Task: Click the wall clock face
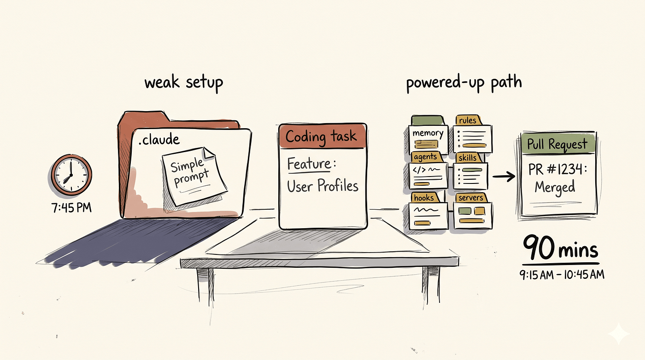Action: [x=71, y=175]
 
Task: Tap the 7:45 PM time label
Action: [x=71, y=207]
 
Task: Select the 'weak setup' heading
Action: [x=184, y=83]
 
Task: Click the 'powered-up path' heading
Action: [x=464, y=83]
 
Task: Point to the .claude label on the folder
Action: [x=159, y=139]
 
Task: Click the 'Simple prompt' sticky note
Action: [x=193, y=176]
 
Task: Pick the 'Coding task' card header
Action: [x=322, y=136]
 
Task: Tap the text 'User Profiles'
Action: [x=323, y=186]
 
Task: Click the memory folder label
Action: [x=428, y=133]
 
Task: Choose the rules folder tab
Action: [x=468, y=120]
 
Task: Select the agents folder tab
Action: [x=426, y=157]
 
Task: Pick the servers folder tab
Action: [x=471, y=198]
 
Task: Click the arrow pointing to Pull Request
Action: [x=504, y=176]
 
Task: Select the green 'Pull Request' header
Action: [x=558, y=143]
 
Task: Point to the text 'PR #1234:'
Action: [x=557, y=169]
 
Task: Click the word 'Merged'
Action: [x=555, y=187]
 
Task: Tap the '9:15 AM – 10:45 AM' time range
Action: [x=562, y=274]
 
